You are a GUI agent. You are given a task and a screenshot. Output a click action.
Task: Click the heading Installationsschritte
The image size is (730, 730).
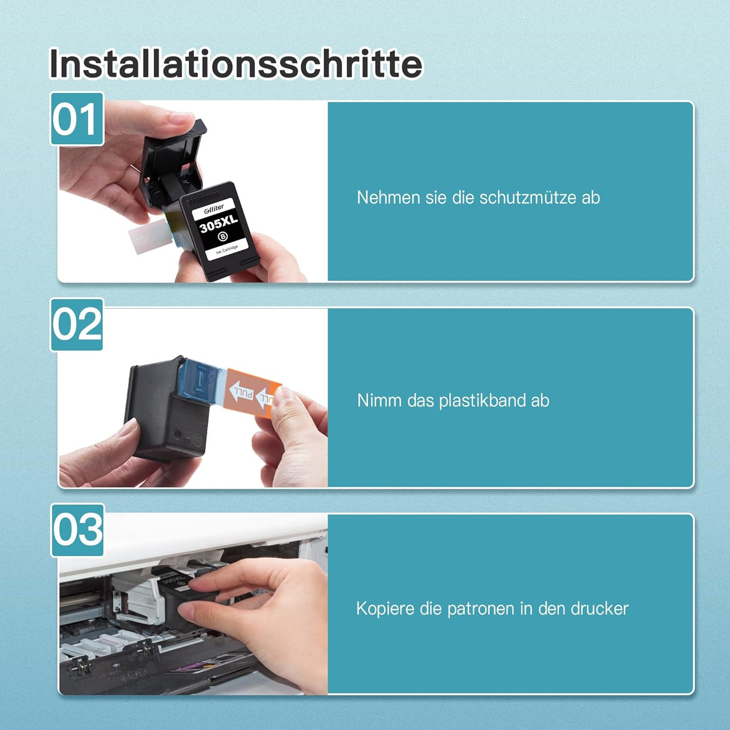[x=236, y=64]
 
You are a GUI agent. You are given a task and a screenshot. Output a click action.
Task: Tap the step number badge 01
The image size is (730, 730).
[x=77, y=119]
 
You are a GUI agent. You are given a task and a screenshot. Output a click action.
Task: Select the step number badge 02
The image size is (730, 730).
[x=77, y=324]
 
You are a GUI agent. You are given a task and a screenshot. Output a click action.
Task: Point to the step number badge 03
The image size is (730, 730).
[x=77, y=530]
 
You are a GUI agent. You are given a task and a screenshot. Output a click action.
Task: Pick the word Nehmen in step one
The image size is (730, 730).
[x=382, y=198]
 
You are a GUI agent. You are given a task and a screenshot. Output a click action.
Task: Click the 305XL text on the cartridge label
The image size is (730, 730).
[x=219, y=224]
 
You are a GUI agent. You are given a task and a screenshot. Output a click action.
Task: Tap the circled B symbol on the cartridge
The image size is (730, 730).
[x=222, y=237]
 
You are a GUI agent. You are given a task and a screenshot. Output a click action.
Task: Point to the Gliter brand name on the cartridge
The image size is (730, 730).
[x=214, y=208]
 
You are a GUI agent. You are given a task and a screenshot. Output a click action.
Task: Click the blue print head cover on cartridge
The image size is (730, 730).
[x=200, y=380]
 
